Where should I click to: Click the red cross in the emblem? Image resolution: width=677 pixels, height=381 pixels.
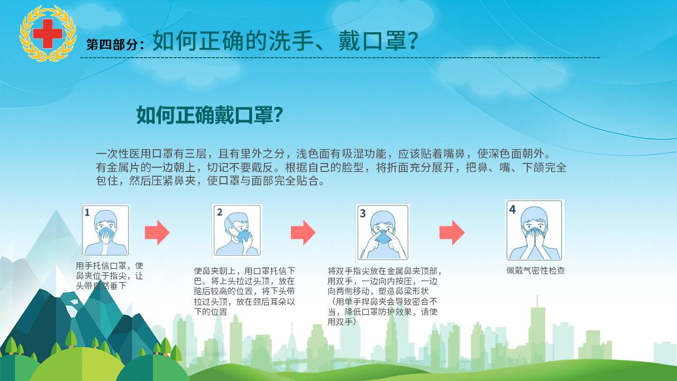coord(48,33)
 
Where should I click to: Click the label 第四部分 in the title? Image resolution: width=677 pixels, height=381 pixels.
coord(112,44)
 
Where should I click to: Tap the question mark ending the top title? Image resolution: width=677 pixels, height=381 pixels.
coord(412,41)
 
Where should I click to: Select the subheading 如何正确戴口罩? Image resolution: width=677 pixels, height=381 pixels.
coord(209,115)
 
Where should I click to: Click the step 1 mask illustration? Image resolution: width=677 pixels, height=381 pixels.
coord(106,230)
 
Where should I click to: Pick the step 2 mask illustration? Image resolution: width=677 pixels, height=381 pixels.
coord(236,230)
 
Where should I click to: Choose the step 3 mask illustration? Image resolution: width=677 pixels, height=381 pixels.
coord(382,232)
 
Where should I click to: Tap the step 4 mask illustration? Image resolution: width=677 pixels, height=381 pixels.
coord(534,230)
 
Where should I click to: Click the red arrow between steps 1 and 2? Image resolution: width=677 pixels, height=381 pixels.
coord(157,232)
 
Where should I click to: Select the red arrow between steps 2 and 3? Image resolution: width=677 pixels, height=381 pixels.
coord(303,232)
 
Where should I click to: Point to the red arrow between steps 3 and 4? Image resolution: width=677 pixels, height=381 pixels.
coord(452,232)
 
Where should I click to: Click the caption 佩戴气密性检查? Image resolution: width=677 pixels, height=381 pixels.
coord(536,270)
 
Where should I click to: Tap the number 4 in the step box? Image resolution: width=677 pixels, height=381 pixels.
coord(513,209)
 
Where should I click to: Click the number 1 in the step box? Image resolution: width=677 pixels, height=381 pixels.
coord(87,213)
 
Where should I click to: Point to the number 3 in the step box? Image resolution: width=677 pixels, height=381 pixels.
coord(363,213)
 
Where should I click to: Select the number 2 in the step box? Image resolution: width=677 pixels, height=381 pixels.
coord(219,212)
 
